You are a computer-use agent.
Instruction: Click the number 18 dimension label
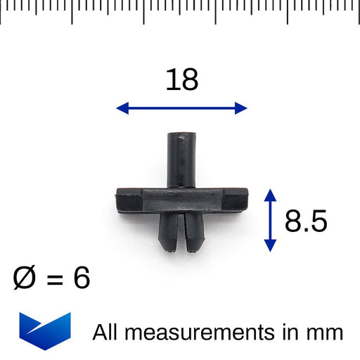coord(182,79)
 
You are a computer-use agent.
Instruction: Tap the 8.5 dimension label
coord(306,221)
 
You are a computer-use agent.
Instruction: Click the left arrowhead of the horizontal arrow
coord(122,108)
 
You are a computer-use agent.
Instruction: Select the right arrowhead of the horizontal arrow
coord(241,108)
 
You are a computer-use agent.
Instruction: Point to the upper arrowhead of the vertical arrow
coord(270,195)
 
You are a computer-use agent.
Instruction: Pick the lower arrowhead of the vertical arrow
coord(270,246)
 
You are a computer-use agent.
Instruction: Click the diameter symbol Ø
coord(24,278)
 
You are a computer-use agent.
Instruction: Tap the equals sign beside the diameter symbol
coord(55,279)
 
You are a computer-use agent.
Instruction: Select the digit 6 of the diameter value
coord(82,278)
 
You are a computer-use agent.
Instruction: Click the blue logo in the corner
coord(45,331)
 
